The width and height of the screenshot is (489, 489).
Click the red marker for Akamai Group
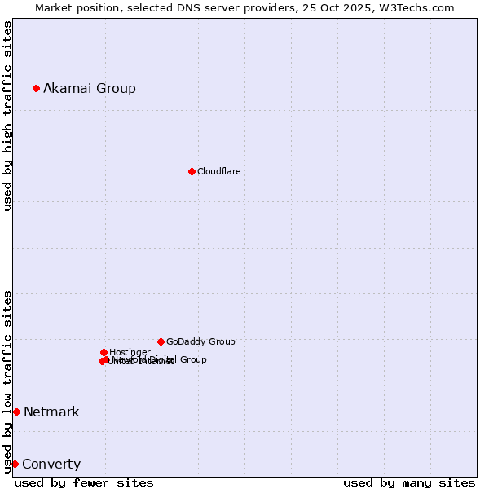[36, 88]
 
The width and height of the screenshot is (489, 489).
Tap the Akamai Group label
[90, 88]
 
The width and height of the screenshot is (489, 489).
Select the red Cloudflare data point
[192, 171]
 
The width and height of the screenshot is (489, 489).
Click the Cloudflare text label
[218, 171]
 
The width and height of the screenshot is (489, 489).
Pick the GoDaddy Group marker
[161, 341]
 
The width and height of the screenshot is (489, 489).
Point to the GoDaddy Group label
[200, 341]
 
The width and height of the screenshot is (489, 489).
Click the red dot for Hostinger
[104, 352]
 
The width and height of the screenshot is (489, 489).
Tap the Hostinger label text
[130, 352]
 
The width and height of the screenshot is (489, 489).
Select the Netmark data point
[16, 412]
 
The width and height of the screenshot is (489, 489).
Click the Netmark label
[51, 412]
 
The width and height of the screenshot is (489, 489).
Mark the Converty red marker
[15, 464]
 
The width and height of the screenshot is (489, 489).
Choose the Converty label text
[51, 465]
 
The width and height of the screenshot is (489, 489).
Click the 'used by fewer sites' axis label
[84, 482]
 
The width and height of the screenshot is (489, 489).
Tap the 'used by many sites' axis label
[409, 482]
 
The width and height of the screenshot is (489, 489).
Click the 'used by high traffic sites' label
[8, 115]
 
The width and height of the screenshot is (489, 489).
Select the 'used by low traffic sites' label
[8, 381]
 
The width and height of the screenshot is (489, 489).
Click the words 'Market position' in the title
[74, 7]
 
